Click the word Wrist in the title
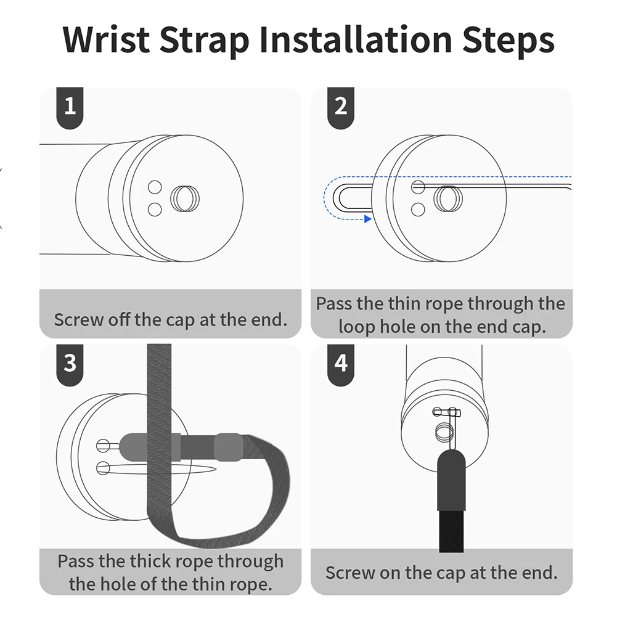[106, 39]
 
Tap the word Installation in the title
[355, 39]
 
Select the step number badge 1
[70, 108]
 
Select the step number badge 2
[341, 108]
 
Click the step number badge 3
[70, 365]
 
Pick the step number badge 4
[341, 365]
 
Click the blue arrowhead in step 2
[368, 219]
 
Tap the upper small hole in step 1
[155, 187]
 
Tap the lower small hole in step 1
[155, 210]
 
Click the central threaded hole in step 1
[185, 198]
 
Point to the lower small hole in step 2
[418, 210]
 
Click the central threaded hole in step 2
[448, 198]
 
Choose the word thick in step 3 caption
[152, 561]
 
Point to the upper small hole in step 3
[103, 446]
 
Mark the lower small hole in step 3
[103, 468]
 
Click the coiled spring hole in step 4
[444, 431]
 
